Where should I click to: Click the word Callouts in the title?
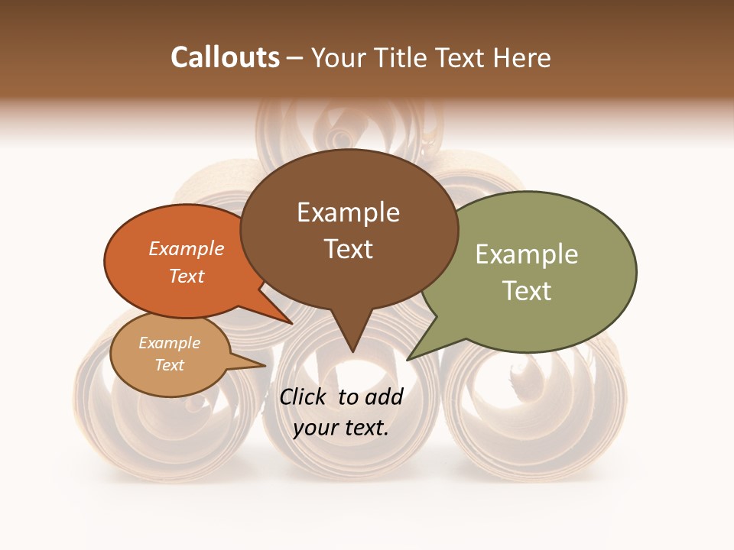click(x=225, y=57)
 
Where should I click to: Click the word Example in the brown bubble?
click(x=348, y=212)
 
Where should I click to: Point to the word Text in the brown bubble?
click(x=349, y=249)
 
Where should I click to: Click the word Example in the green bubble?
click(x=527, y=254)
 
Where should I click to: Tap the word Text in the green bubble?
click(x=527, y=291)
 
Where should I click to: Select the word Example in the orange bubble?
click(x=187, y=248)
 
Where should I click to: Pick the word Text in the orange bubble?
click(x=187, y=276)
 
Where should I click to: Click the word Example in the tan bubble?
click(x=170, y=343)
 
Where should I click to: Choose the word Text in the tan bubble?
click(x=170, y=365)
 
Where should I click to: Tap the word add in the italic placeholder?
click(x=385, y=396)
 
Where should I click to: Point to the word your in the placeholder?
click(x=315, y=428)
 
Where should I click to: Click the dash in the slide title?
click(x=295, y=58)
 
